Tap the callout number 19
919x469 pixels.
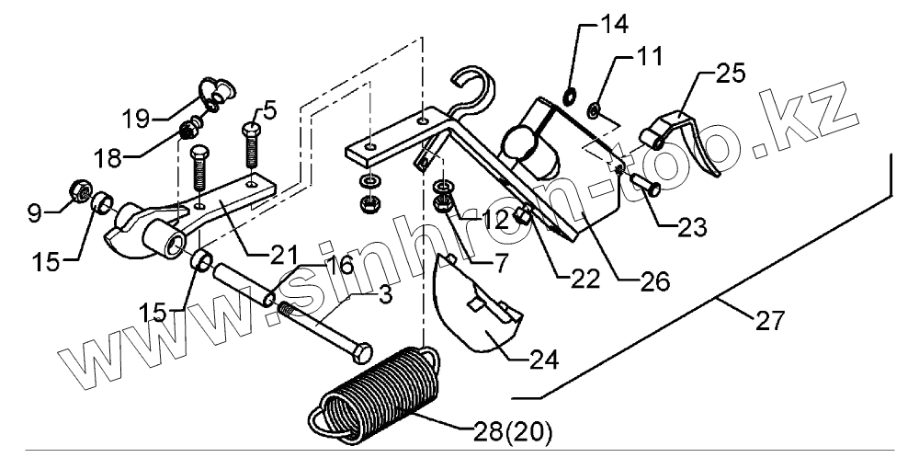pos(136,118)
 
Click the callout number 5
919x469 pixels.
pos(268,109)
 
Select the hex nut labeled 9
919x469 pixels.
pos(78,192)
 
